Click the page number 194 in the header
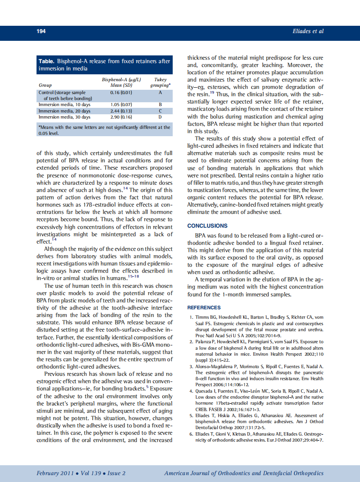click(41, 31)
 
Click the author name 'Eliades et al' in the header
click(308, 31)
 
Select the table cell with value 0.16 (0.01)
click(121, 92)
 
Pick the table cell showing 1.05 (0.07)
click(121, 104)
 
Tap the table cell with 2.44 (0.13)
click(121, 111)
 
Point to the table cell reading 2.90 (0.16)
click(121, 117)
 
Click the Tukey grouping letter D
click(160, 117)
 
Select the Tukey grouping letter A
click(160, 92)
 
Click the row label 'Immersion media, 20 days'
click(64, 111)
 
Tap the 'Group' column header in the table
click(45, 85)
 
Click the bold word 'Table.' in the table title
click(47, 61)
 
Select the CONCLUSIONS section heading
click(207, 226)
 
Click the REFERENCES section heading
click(204, 308)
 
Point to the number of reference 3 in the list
click(191, 366)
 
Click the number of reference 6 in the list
click(191, 435)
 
